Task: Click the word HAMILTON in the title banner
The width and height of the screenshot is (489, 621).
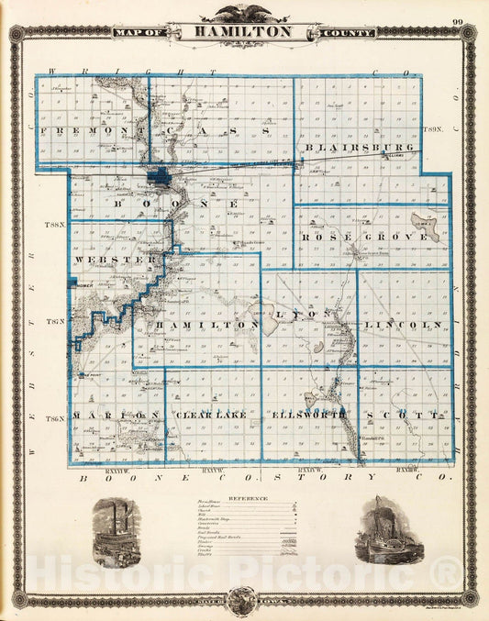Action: [243, 31]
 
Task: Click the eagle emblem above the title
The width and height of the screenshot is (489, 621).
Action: [243, 13]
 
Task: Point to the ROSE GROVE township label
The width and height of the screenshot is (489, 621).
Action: [364, 237]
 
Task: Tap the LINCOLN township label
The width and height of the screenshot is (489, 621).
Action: [402, 326]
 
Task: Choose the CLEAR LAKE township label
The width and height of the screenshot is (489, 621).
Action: [213, 416]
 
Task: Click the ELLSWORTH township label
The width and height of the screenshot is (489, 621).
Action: [309, 416]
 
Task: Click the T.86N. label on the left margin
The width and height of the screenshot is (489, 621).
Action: [56, 419]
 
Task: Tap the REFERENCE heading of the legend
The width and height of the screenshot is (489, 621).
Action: [244, 499]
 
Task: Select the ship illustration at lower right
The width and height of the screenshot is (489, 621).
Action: [379, 531]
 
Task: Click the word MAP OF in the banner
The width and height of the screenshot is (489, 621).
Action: [134, 33]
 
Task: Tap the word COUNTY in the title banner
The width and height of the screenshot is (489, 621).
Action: [349, 33]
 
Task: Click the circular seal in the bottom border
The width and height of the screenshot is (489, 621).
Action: [243, 600]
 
